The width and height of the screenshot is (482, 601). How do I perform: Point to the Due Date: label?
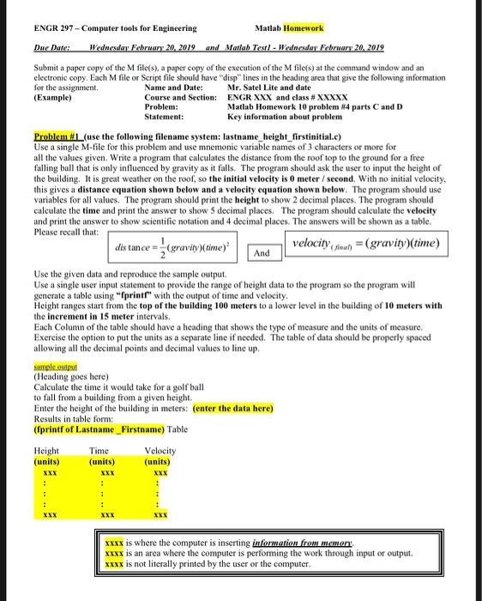[x=51, y=50]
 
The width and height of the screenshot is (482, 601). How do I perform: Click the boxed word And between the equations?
[x=262, y=254]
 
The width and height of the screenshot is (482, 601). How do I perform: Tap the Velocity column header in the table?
[x=160, y=451]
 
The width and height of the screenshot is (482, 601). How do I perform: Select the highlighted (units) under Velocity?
[x=160, y=461]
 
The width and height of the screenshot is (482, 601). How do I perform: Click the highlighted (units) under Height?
[x=49, y=461]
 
